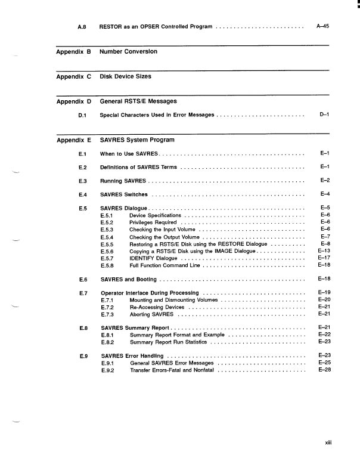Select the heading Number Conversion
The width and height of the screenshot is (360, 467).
tap(128, 52)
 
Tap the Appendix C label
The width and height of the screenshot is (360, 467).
tap(73, 77)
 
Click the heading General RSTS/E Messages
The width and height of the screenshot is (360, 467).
tap(138, 101)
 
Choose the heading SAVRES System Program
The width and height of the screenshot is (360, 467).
tap(137, 140)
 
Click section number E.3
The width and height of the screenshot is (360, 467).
tap(83, 180)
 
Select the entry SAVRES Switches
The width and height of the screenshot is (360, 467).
tap(123, 194)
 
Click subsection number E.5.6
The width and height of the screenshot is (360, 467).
tap(107, 251)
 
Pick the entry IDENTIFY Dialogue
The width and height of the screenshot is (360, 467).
tap(153, 258)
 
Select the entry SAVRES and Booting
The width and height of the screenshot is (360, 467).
tap(128, 279)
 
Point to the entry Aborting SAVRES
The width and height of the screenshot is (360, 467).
tap(151, 314)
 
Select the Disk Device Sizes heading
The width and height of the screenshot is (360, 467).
tap(125, 77)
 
